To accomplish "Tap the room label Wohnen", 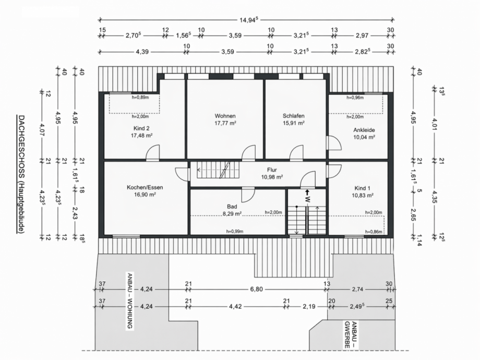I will (225, 116).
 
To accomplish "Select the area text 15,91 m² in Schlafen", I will (294, 123).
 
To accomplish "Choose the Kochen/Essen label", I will (141, 187).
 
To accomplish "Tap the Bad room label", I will (232, 206).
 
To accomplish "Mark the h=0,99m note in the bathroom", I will (235, 231).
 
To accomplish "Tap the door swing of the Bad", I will (248, 194).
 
